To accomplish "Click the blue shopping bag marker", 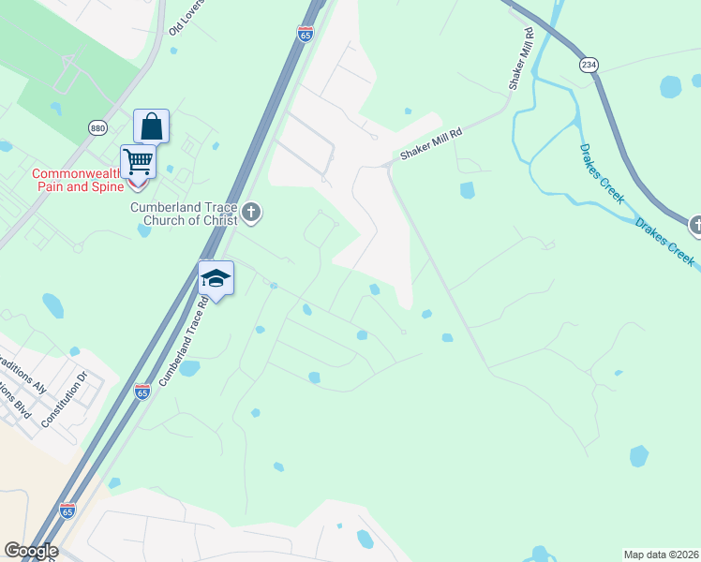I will click(x=151, y=126).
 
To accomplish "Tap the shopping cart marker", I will click(x=138, y=161).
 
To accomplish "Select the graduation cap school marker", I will click(x=216, y=278).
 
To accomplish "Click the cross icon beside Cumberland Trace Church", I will click(x=250, y=213).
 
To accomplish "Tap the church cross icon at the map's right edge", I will click(x=695, y=225).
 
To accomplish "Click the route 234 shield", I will click(x=589, y=65).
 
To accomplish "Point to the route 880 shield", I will click(x=98, y=127).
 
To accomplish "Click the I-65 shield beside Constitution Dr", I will click(x=142, y=392).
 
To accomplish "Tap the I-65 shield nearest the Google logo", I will click(x=67, y=510).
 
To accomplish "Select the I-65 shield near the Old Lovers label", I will click(x=306, y=34).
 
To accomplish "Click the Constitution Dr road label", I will click(x=64, y=399).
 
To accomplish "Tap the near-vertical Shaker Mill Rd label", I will click(x=521, y=58).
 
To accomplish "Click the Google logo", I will click(x=31, y=551).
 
